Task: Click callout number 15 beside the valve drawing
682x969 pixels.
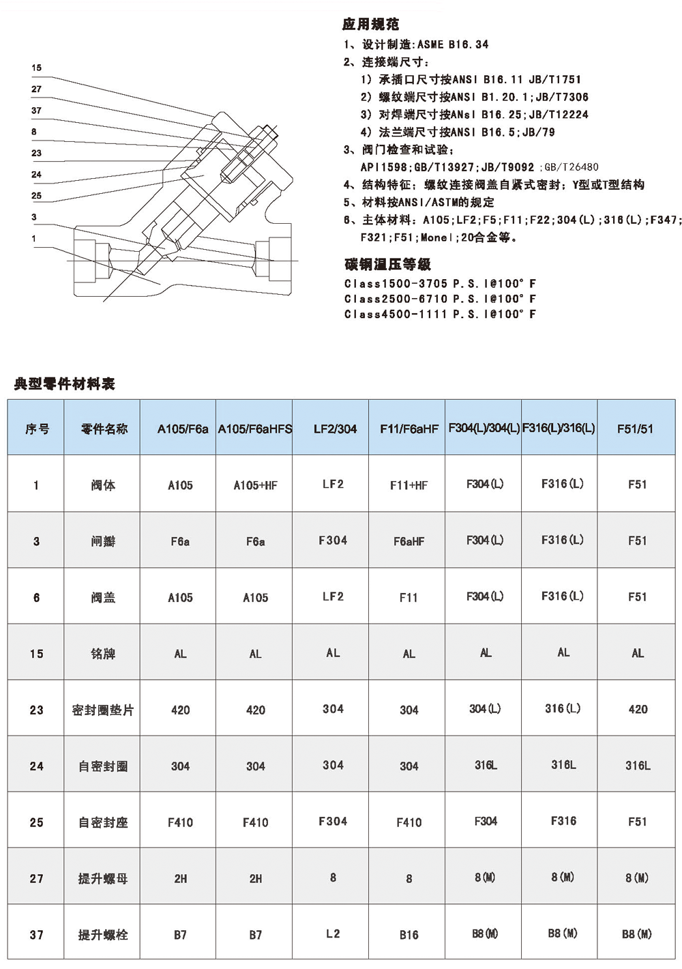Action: (36, 68)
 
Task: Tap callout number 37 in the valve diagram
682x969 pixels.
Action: (36, 111)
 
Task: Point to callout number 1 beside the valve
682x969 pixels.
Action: (33, 238)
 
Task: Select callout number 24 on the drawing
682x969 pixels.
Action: (36, 175)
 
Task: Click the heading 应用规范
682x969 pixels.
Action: (370, 25)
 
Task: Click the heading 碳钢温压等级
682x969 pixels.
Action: (387, 264)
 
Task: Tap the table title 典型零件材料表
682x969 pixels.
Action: (65, 384)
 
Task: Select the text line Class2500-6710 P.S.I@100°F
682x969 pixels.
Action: (440, 299)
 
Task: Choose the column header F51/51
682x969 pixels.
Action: (635, 429)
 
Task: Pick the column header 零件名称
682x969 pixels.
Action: (104, 429)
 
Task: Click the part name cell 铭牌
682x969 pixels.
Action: (103, 654)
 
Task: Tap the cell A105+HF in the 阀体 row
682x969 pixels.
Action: (255, 485)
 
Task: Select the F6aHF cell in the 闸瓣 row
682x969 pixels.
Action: (409, 541)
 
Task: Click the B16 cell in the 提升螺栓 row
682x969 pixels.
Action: (409, 935)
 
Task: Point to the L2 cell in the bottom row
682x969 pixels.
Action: (333, 934)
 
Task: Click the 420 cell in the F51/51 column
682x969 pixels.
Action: (638, 710)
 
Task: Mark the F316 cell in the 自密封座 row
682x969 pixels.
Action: (563, 821)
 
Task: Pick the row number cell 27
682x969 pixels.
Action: (36, 878)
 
